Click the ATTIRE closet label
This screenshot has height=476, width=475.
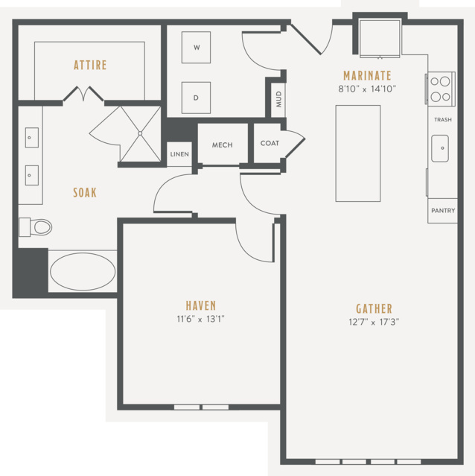click(x=90, y=65)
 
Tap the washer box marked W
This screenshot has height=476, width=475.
click(x=196, y=48)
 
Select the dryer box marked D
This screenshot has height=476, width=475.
click(x=196, y=98)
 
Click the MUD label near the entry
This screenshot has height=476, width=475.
click(x=278, y=99)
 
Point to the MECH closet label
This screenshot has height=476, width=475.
click(x=223, y=145)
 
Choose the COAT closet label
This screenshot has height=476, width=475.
click(x=270, y=143)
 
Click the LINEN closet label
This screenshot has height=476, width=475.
click(x=179, y=154)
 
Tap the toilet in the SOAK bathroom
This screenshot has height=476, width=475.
click(x=35, y=227)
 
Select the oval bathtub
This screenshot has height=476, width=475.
click(x=83, y=272)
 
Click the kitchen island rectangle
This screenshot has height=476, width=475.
click(x=358, y=153)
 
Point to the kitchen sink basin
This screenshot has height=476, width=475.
click(x=440, y=148)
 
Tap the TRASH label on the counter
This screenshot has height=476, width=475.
click(x=443, y=120)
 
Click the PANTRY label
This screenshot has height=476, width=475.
click(x=443, y=210)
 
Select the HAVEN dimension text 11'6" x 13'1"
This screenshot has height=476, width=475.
click(x=200, y=319)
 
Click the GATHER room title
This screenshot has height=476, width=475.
click(x=374, y=308)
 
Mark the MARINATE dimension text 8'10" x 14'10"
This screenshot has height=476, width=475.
click(x=367, y=89)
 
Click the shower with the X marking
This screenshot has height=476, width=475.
click(x=140, y=133)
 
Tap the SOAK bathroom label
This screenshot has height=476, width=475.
click(x=85, y=193)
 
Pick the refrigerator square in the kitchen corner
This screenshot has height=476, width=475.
click(x=380, y=38)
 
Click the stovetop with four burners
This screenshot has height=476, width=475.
click(x=441, y=89)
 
